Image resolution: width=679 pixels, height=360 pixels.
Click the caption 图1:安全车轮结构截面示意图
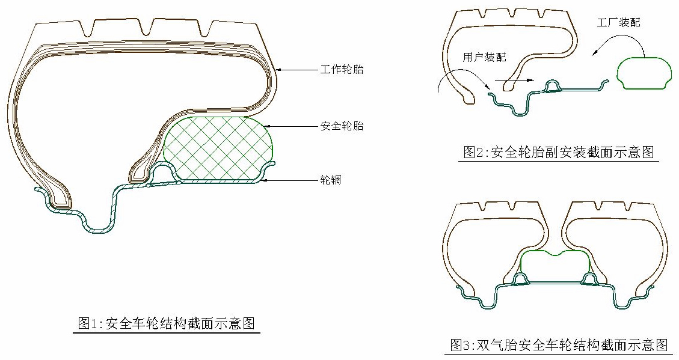167,324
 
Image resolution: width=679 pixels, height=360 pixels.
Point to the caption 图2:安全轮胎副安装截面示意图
558,152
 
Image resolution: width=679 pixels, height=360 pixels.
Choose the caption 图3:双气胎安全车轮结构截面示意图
559,345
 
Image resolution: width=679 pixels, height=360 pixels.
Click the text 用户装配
484,58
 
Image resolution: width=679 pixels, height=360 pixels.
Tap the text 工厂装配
618,23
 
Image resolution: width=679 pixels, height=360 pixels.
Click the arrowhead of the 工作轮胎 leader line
279,70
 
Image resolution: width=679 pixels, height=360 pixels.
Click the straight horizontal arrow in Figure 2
514,79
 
